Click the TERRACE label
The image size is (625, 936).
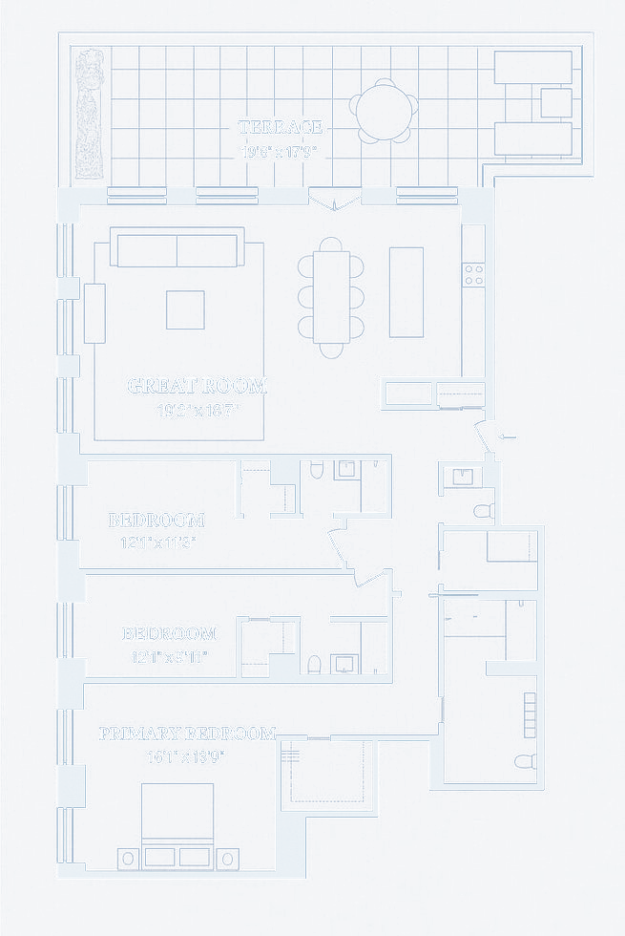click(x=281, y=127)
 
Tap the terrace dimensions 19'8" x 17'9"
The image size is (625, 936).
click(x=281, y=151)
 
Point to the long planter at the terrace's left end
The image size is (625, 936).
click(x=89, y=114)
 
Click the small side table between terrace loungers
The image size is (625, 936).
click(x=555, y=102)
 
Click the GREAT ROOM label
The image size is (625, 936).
click(x=198, y=386)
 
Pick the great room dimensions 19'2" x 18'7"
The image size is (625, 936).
click(x=198, y=412)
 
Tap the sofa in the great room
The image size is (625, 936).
click(x=177, y=247)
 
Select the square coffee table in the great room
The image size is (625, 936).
click(x=185, y=309)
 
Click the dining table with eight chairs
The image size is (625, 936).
click(x=330, y=295)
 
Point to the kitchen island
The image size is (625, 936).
click(x=406, y=291)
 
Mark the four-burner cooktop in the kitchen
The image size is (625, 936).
click(x=473, y=275)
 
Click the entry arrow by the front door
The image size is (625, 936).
click(x=509, y=436)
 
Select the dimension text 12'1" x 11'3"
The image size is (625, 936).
click(x=156, y=542)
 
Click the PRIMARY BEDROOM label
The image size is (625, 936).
click(x=187, y=734)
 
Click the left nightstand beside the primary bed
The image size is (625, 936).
click(x=128, y=858)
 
